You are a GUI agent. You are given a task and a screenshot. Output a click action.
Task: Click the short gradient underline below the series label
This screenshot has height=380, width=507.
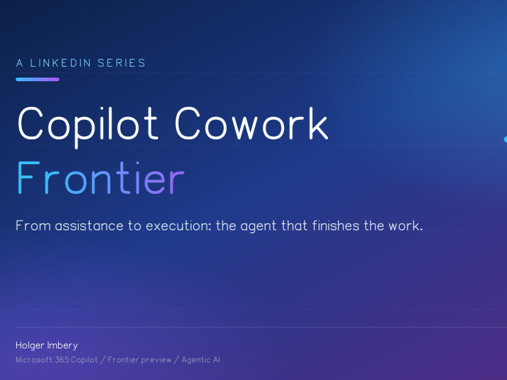38,79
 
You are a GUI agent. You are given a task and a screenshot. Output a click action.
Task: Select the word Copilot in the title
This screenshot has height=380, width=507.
88,124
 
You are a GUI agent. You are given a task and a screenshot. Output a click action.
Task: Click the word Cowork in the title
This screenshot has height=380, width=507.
251,124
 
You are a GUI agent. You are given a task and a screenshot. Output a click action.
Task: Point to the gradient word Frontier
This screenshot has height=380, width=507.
100,178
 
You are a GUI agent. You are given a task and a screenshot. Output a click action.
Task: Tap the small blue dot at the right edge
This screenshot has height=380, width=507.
505,139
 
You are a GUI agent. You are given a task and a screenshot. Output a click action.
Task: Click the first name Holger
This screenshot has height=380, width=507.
29,345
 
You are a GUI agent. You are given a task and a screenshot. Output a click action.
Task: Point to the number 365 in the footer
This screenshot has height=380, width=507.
63,360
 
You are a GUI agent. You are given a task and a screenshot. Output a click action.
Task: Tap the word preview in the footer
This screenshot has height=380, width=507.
156,360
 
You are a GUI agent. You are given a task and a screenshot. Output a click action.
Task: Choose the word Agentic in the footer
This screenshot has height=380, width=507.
195,360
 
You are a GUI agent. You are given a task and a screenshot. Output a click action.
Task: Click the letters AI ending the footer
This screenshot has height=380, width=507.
217,360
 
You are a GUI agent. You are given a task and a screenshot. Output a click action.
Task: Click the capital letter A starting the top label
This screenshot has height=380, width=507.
19,63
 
